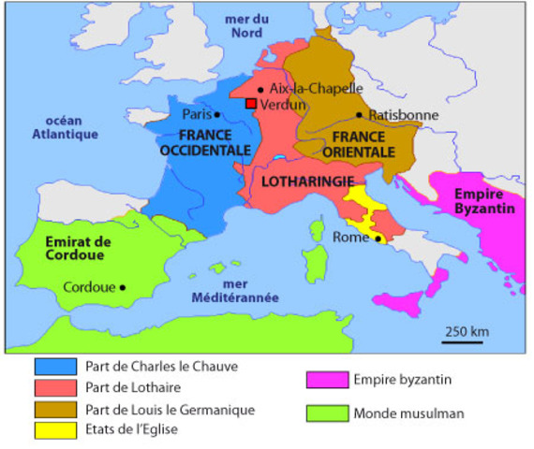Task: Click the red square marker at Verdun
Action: tap(250, 104)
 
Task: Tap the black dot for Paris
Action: tap(218, 115)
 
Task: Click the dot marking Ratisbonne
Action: tap(359, 115)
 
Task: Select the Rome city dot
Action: tap(378, 239)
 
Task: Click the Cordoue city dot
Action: tap(123, 287)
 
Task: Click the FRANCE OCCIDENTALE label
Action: tap(204, 142)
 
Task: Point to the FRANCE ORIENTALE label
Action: tap(357, 142)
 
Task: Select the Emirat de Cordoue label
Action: tap(77, 248)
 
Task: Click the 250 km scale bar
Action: tap(463, 341)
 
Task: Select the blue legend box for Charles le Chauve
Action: tap(54, 367)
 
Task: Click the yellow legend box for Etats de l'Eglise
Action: tap(54, 430)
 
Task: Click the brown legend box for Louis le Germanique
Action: tap(54, 409)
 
